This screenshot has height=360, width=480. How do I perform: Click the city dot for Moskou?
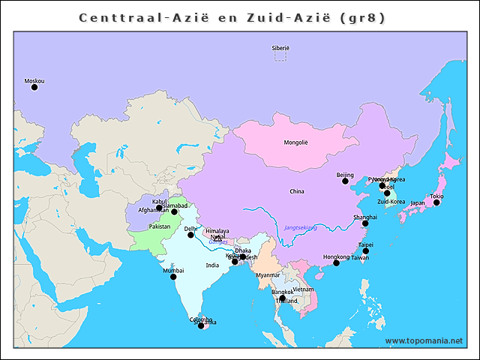click(x=34, y=87)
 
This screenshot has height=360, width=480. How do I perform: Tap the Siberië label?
click(x=280, y=48)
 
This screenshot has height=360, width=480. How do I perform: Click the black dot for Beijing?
click(x=346, y=181)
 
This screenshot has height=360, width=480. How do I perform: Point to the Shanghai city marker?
click(x=365, y=223)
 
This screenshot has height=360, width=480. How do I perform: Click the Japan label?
click(x=418, y=202)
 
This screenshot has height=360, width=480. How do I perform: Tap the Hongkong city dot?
click(x=336, y=263)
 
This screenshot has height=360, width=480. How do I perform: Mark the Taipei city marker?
click(x=366, y=251)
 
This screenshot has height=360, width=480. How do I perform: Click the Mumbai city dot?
click(x=173, y=277)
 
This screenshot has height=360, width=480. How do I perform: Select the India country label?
click(x=213, y=265)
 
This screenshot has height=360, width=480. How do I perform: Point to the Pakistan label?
click(x=160, y=226)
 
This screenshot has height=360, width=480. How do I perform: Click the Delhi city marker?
click(x=190, y=235)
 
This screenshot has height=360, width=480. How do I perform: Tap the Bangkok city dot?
click(x=282, y=298)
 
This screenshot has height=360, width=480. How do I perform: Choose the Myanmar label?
click(x=268, y=275)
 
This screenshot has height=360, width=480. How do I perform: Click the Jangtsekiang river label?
click(x=301, y=227)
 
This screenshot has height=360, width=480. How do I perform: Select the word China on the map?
click(x=297, y=191)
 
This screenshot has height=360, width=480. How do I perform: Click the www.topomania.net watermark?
click(x=424, y=340)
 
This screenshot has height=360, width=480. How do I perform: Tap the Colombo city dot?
click(x=200, y=325)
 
